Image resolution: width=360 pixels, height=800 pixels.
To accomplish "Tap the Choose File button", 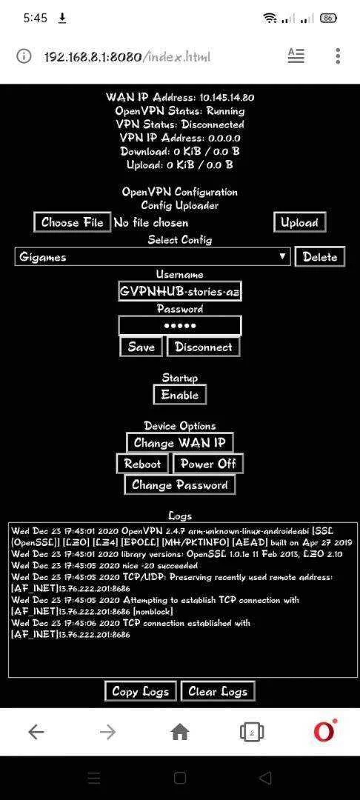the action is click(73, 222).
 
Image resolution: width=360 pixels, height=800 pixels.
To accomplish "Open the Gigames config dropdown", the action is click(153, 256).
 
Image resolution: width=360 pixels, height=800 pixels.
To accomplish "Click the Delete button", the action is click(320, 256).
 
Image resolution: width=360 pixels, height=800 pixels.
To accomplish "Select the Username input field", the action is click(179, 291).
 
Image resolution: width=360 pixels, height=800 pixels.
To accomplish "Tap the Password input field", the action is click(179, 325).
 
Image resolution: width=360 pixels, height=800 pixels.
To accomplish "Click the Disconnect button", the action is click(204, 347).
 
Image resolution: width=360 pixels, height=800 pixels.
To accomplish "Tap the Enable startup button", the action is click(179, 394).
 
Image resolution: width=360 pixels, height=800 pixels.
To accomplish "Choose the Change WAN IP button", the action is click(179, 442).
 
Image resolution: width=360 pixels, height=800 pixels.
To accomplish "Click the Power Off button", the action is click(208, 464).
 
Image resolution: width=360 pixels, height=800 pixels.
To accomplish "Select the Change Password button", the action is click(179, 484).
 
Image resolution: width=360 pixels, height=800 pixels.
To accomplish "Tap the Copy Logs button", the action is click(141, 691).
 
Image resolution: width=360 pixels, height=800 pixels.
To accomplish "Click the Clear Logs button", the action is click(218, 691).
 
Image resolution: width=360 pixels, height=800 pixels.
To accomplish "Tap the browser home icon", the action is click(179, 733).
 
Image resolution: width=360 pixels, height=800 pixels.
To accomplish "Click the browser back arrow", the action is click(36, 733).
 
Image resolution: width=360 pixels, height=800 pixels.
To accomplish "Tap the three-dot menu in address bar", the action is click(338, 56).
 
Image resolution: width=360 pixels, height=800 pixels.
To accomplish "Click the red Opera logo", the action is click(325, 731).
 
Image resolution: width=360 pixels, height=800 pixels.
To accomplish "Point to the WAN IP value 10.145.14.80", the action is click(227, 98).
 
